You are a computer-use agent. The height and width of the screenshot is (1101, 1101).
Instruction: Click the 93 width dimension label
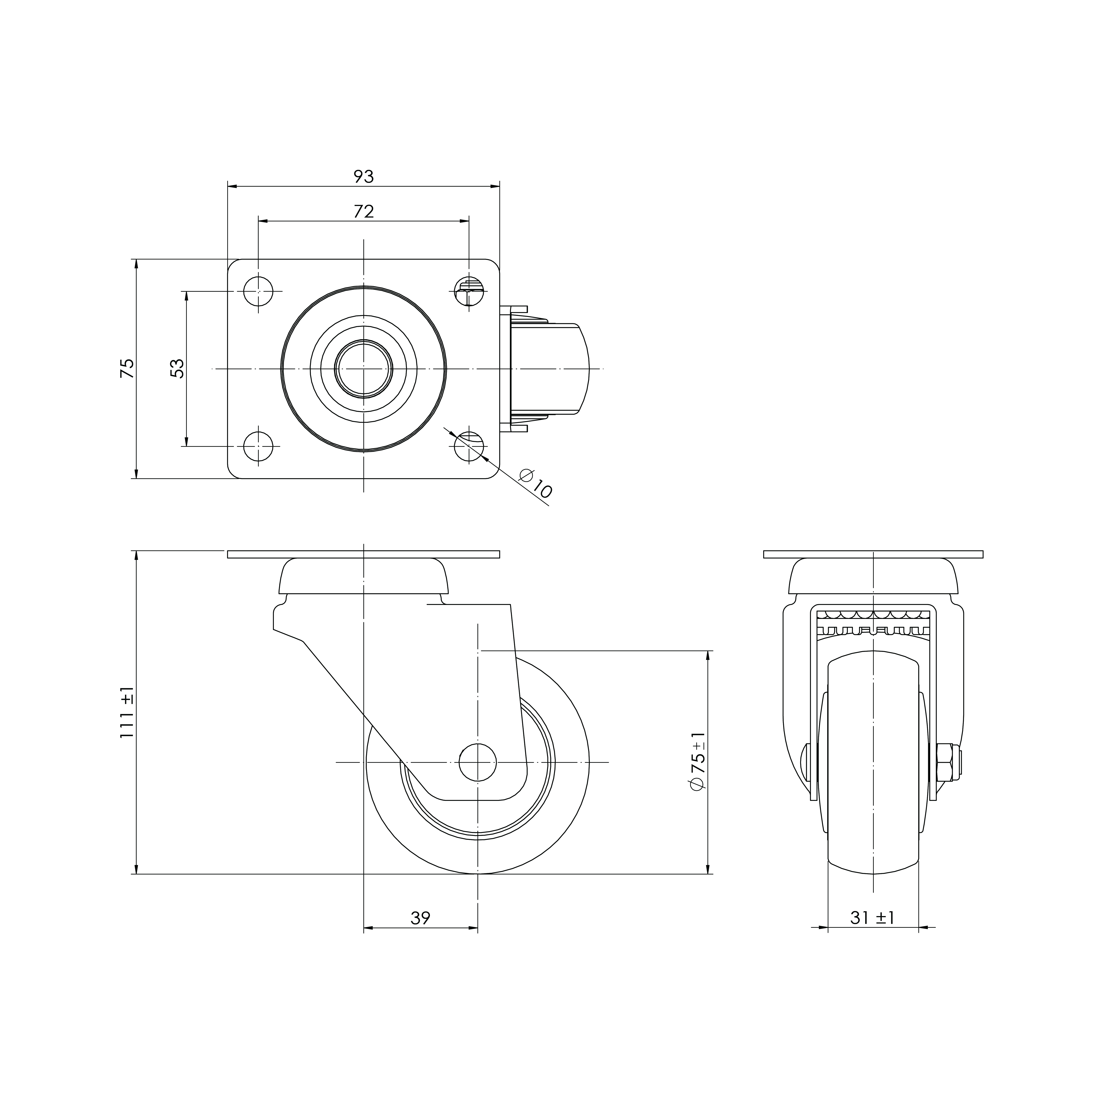pyautogui.click(x=364, y=177)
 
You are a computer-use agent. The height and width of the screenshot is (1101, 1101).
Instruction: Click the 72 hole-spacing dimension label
pyautogui.click(x=364, y=211)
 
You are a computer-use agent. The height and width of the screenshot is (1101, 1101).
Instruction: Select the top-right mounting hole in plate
pyautogui.click(x=469, y=291)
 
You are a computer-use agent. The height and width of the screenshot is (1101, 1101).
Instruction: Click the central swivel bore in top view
pyautogui.click(x=364, y=369)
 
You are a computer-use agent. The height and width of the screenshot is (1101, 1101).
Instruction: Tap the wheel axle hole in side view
pyautogui.click(x=478, y=762)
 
